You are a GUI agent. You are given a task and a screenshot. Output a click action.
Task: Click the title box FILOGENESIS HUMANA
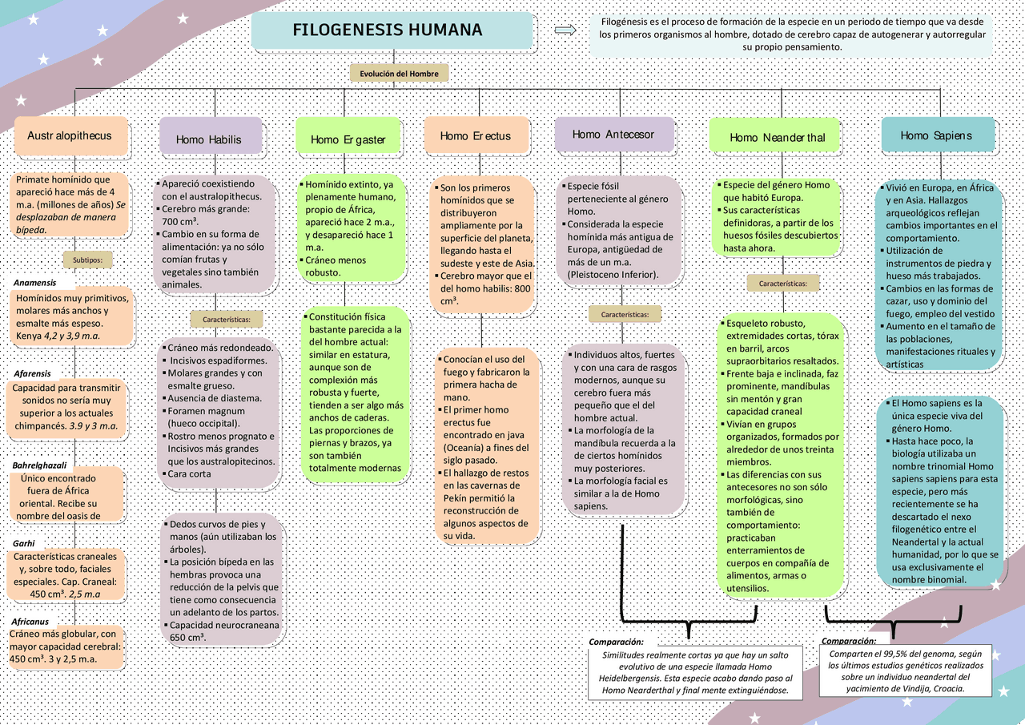tap(392, 31)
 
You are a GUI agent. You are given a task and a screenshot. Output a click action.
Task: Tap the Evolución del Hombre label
tap(399, 73)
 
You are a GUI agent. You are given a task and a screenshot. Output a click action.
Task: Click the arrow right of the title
tap(565, 30)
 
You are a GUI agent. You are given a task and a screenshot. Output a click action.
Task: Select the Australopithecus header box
tap(70, 136)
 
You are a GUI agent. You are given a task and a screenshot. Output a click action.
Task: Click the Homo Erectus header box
tap(476, 136)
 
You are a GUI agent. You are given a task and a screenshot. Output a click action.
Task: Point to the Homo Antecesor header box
tap(613, 134)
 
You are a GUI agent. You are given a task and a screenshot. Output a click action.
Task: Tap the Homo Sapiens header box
tap(937, 135)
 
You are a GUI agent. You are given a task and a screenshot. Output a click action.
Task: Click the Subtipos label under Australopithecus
tap(87, 260)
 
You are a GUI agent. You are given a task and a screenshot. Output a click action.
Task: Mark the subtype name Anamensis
tap(35, 283)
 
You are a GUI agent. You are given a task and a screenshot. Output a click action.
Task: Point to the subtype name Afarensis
tap(33, 373)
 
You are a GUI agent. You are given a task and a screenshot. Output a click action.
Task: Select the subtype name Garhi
tap(25, 543)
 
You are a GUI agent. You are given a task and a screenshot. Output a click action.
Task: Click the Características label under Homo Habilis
tap(227, 319)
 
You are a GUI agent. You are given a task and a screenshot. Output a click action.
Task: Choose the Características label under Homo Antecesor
tap(625, 314)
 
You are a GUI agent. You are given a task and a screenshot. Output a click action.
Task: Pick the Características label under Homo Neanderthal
tap(783, 283)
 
